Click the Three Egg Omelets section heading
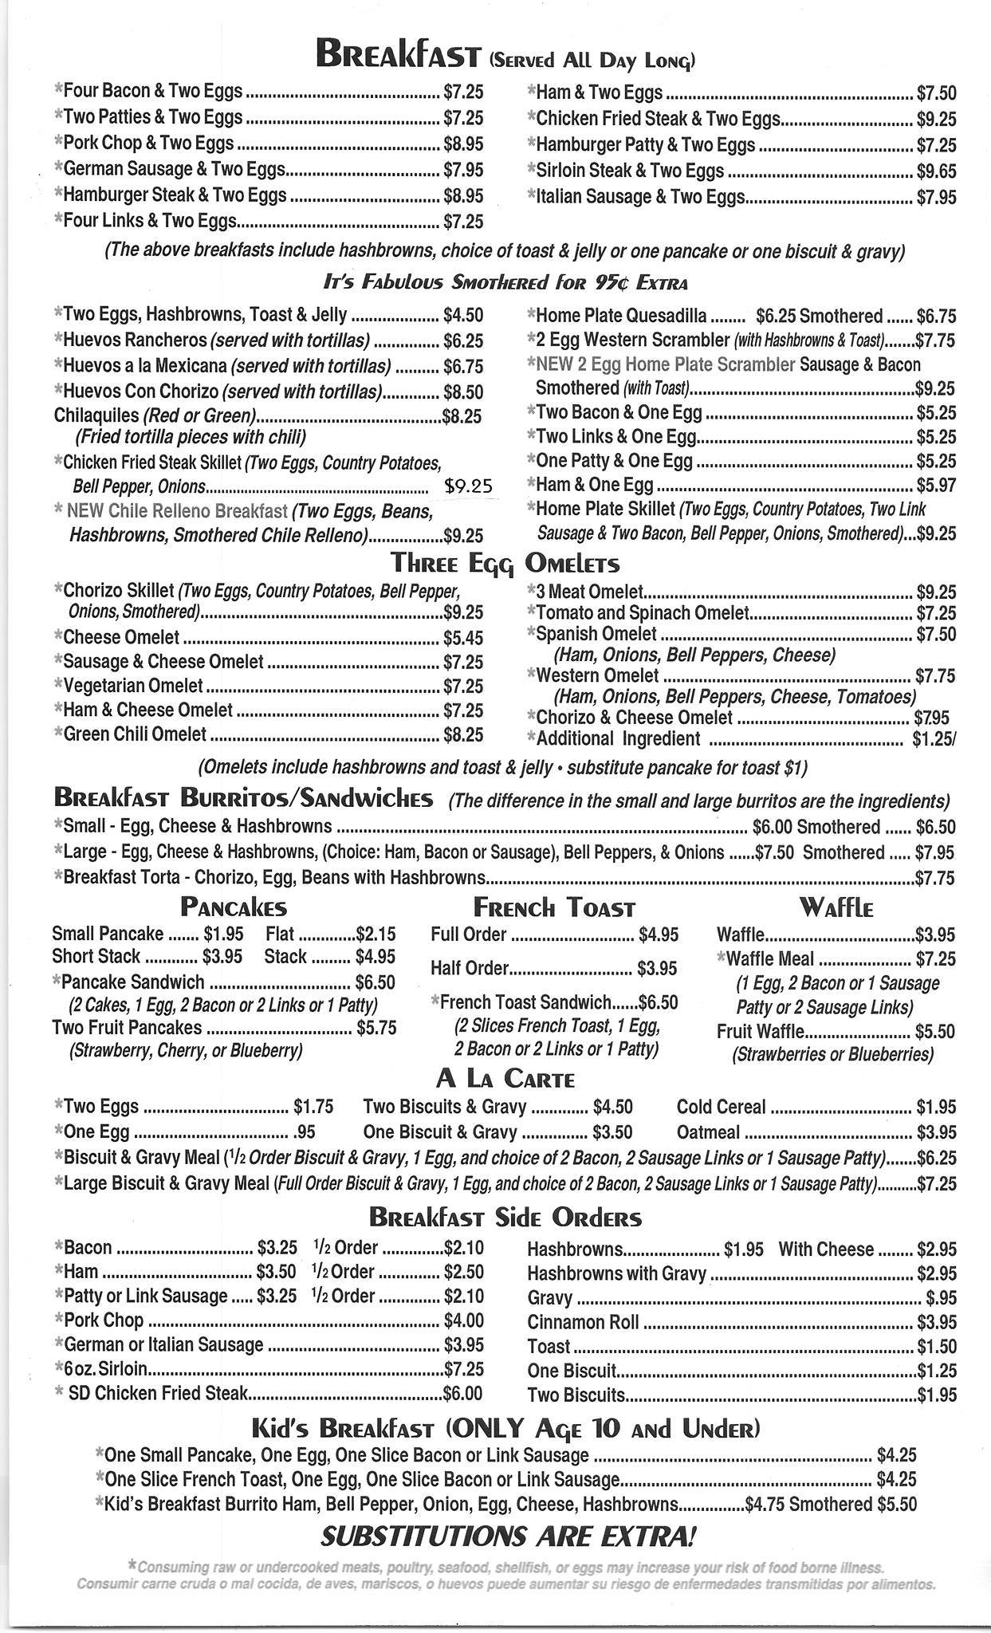click(x=505, y=564)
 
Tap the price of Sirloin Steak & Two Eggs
click(x=936, y=171)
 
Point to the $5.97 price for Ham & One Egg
click(x=936, y=485)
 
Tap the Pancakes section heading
click(x=233, y=907)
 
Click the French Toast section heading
click(x=554, y=907)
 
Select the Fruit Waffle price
click(x=934, y=1031)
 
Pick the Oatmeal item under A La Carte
click(x=708, y=1132)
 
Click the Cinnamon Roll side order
click(x=583, y=1322)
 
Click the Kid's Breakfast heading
click(x=505, y=1427)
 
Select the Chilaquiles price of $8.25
click(x=462, y=415)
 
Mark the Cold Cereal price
click(x=936, y=1108)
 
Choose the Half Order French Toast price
click(x=657, y=969)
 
